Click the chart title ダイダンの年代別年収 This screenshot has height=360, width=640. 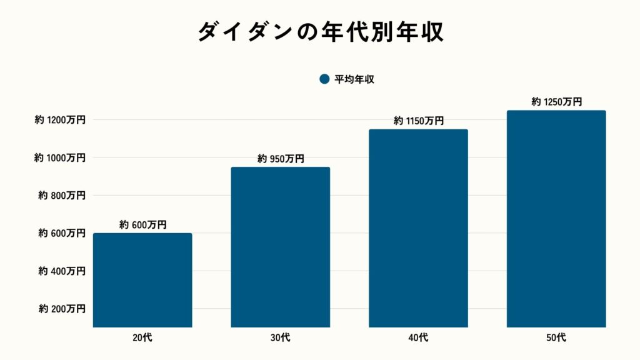(x=320, y=32)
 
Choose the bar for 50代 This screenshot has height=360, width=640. (x=556, y=219)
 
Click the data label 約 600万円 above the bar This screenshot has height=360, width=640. (x=142, y=225)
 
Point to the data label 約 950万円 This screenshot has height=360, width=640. (x=281, y=159)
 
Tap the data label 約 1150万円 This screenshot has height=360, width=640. (x=418, y=121)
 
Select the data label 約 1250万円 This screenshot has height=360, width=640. (x=556, y=102)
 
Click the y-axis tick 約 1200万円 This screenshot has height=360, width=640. (x=60, y=119)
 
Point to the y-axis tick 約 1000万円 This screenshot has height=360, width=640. (x=60, y=157)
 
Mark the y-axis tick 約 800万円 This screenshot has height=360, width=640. (x=62, y=195)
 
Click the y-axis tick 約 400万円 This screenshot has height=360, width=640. (x=62, y=271)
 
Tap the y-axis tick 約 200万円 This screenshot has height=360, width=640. (x=62, y=309)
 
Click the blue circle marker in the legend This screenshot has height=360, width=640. (x=324, y=79)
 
